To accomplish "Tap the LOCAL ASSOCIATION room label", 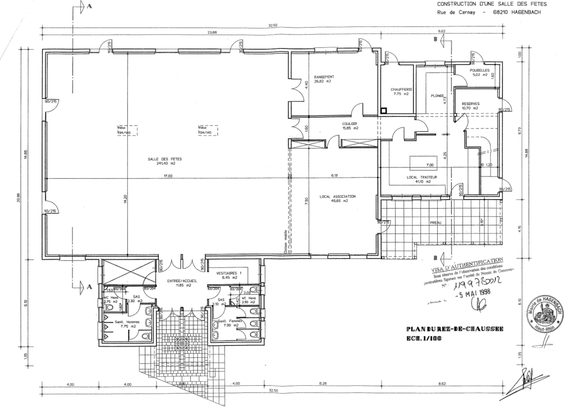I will point(337,197).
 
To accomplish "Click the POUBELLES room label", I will point(480,70).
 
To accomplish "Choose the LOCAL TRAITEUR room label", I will point(415,177).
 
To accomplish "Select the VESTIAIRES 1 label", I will point(227,273).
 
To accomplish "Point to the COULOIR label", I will point(350,124).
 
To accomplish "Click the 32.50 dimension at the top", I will point(273,26).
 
